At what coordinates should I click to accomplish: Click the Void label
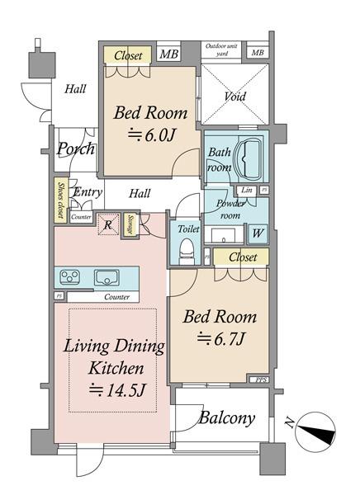click(234, 97)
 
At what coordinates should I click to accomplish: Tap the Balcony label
click(225, 418)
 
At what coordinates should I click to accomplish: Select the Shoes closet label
click(61, 200)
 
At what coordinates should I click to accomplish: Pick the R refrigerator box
click(107, 223)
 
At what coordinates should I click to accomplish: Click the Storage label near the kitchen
click(130, 225)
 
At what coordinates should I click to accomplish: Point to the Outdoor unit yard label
click(223, 50)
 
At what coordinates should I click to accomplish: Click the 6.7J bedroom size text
click(219, 339)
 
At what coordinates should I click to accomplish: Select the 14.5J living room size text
click(116, 390)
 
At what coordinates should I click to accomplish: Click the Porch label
click(75, 149)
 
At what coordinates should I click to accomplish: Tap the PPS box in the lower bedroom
click(261, 379)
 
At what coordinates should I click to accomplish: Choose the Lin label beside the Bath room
click(247, 191)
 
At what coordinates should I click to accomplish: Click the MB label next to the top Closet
click(168, 55)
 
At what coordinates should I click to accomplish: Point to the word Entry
click(87, 192)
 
